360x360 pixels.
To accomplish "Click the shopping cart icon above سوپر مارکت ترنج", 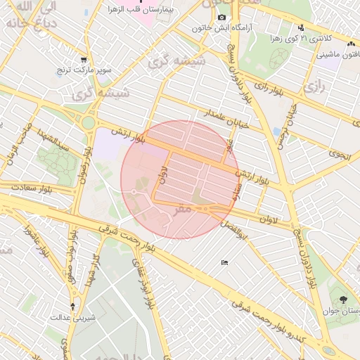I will (84, 60).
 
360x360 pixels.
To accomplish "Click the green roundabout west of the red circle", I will (88, 124).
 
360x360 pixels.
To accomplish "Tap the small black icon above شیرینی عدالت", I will (75, 306).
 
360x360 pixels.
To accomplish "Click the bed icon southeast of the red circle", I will (224, 262).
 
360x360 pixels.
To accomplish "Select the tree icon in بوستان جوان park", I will (342, 299).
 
